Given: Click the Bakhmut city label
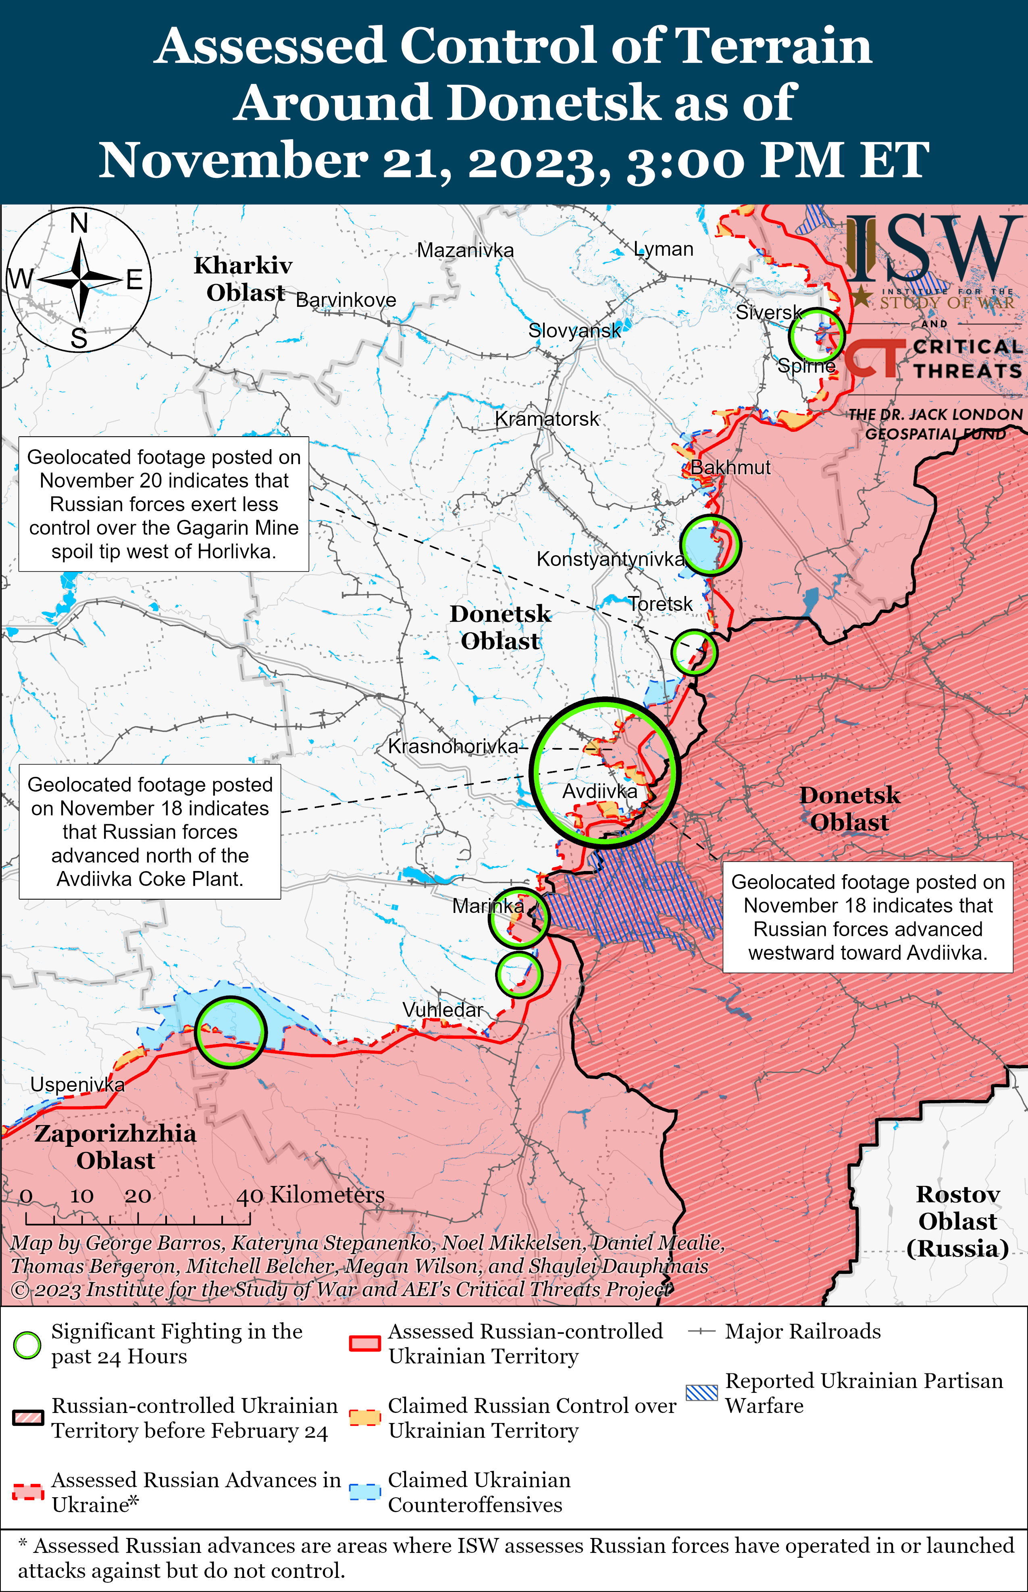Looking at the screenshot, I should point(730,467).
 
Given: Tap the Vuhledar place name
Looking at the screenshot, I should point(443,1010).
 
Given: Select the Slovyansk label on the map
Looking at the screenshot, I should point(574,330).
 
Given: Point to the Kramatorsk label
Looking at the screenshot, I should point(547,419).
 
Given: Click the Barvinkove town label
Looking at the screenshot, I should point(346,300).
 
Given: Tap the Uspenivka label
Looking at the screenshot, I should point(77,1085).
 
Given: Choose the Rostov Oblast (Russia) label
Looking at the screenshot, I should point(957,1221).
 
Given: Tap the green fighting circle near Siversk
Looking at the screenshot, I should point(816,335).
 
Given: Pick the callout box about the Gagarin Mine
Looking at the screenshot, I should point(164,504).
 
